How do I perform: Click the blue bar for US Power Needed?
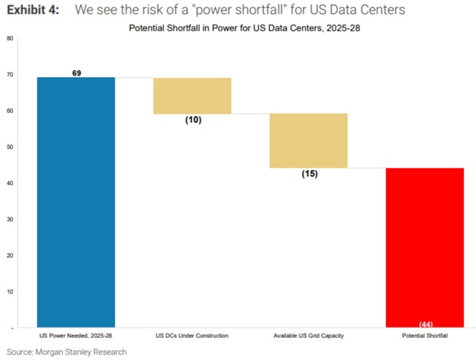point(76,202)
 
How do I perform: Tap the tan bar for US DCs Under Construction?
point(192,95)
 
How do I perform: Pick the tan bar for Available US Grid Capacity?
point(309,140)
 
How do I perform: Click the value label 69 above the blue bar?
point(76,72)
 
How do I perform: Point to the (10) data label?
point(193,120)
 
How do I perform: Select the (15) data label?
point(309,174)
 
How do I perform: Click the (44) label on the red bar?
point(426,324)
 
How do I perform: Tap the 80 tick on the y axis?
point(9,38)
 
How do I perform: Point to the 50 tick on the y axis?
point(9,147)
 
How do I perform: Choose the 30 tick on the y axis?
point(9,220)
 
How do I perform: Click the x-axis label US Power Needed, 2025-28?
point(76,336)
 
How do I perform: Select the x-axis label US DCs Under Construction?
point(192,336)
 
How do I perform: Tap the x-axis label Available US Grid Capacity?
point(309,336)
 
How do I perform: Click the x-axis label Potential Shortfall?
point(426,336)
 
